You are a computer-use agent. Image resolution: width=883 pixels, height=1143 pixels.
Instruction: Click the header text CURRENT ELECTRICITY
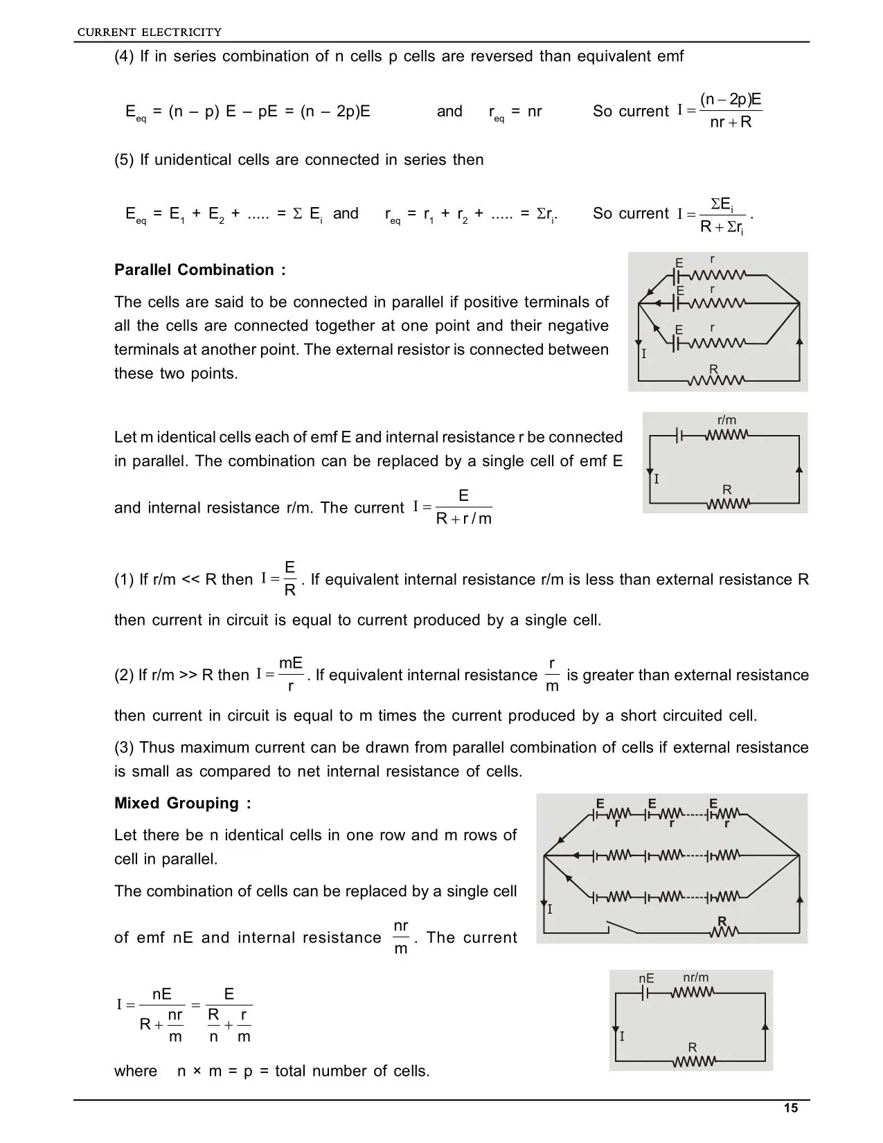149,32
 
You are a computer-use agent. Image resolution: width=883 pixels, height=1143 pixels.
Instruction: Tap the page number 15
791,1108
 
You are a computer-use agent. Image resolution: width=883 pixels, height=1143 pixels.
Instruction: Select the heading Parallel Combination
199,270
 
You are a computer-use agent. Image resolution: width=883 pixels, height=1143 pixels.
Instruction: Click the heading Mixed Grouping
182,804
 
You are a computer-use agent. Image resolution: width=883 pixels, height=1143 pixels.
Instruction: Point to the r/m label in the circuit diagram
726,420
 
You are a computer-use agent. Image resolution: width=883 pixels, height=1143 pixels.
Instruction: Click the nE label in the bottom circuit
646,979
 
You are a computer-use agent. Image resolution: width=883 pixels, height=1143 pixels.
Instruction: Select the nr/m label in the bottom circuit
695,978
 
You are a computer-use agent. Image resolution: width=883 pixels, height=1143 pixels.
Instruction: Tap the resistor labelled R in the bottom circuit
693,1061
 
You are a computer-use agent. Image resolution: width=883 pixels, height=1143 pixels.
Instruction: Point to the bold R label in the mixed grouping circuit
722,921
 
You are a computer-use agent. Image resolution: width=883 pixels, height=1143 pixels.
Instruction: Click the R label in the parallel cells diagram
713,369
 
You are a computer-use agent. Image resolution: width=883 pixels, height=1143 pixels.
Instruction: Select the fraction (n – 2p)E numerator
731,99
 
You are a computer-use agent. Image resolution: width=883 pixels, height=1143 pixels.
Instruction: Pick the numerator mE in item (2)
291,664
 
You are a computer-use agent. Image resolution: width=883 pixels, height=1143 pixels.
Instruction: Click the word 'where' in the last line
136,1071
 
